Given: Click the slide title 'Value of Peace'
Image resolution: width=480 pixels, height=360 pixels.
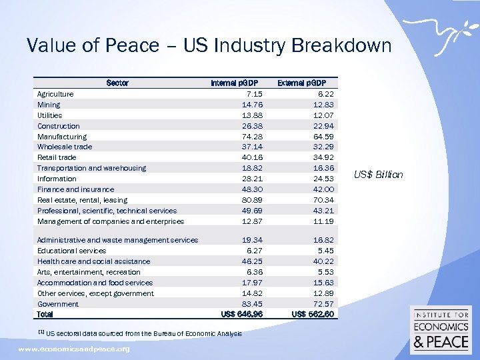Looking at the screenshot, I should click(x=209, y=46).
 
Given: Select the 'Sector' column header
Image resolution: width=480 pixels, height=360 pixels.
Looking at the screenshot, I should click(x=117, y=83).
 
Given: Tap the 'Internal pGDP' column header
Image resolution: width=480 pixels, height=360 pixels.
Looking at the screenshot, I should click(x=233, y=83).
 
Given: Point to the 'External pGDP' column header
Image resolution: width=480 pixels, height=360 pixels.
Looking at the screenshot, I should click(x=301, y=83).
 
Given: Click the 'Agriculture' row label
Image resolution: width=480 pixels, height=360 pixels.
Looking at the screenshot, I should click(x=55, y=94).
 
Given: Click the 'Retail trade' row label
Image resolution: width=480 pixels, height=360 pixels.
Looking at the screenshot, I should click(x=57, y=157).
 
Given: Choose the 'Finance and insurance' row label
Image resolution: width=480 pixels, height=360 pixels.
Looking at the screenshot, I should click(x=75, y=189).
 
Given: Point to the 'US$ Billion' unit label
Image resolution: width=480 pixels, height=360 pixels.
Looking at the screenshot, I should click(x=379, y=175).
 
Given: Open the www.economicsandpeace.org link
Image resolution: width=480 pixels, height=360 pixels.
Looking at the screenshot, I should click(x=74, y=349).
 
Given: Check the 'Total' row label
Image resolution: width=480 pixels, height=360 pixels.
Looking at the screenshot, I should click(x=45, y=314).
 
